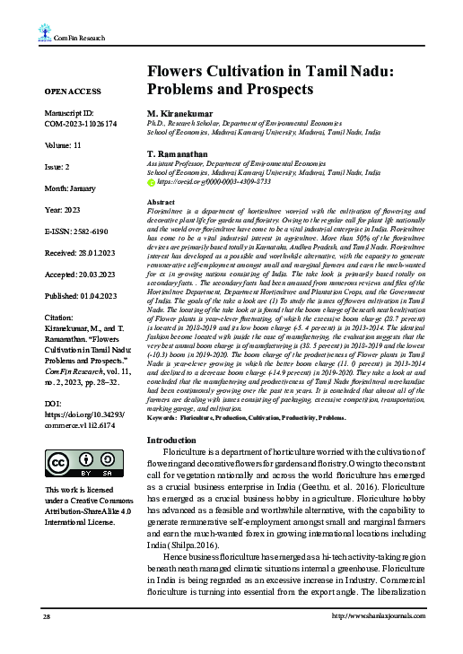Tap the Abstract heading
tap(160, 203)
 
